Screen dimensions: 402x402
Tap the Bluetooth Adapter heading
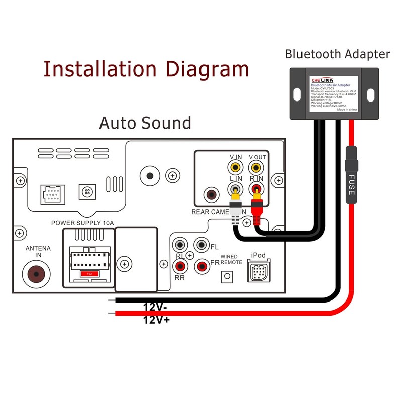(x=337, y=54)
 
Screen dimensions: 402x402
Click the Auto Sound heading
(x=145, y=123)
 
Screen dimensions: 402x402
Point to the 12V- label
(x=156, y=307)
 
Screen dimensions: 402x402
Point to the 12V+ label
(x=156, y=319)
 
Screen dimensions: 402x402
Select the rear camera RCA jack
(x=210, y=194)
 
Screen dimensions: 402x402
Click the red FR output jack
(x=202, y=265)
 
